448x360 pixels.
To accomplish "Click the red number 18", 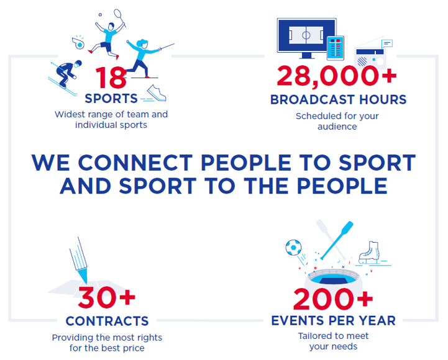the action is pyautogui.click(x=111, y=78).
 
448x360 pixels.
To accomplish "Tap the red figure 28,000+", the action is pyautogui.click(x=337, y=76).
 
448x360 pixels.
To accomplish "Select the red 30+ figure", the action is pyautogui.click(x=107, y=298).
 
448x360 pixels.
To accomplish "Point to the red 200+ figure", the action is pyautogui.click(x=333, y=299).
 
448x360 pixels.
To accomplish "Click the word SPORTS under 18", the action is pyautogui.click(x=111, y=99).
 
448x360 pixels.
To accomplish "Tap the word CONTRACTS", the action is pyautogui.click(x=107, y=321).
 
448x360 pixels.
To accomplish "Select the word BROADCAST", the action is pyautogui.click(x=313, y=100).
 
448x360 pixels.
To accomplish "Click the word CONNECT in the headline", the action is pyautogui.click(x=135, y=163).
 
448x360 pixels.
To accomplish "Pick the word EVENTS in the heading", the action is pyautogui.click(x=298, y=321).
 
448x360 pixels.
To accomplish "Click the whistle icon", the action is pyautogui.click(x=78, y=42).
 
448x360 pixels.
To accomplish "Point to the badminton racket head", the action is pyautogui.click(x=117, y=14).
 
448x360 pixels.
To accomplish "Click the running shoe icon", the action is pyautogui.click(x=157, y=92).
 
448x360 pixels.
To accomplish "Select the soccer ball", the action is pyautogui.click(x=293, y=247).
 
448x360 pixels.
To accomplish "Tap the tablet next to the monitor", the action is pyautogui.click(x=336, y=48).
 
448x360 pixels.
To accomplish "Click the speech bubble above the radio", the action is pyautogui.click(x=387, y=44).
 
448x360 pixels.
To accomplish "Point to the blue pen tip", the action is pyautogui.click(x=83, y=275).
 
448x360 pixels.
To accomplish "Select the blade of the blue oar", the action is pyautogui.click(x=347, y=228).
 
